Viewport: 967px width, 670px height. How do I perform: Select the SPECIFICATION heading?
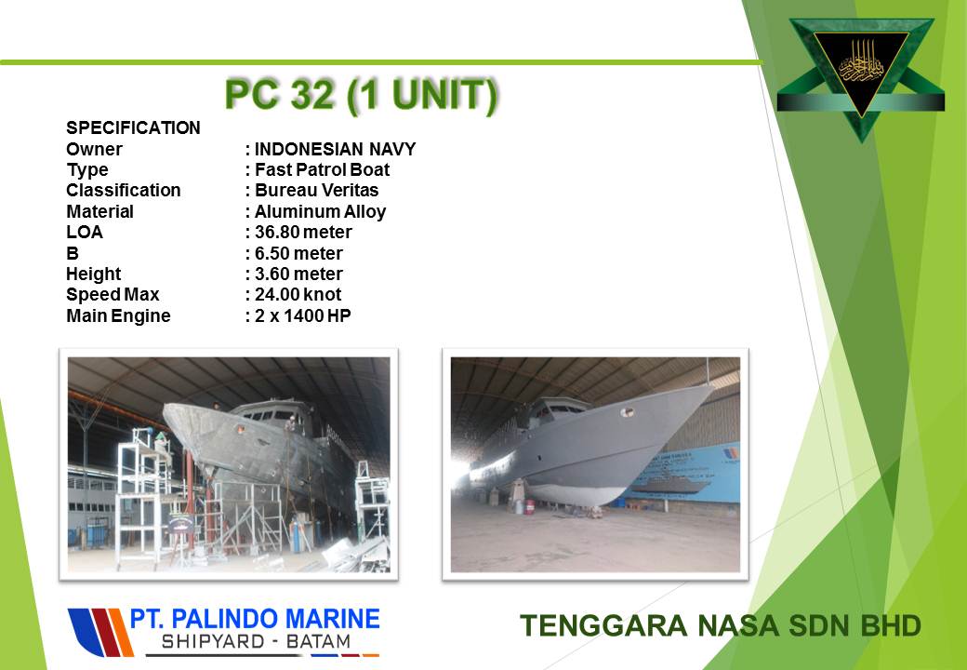(x=133, y=127)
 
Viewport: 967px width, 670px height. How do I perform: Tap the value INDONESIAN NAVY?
(x=335, y=149)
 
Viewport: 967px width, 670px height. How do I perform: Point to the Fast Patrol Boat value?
(x=322, y=169)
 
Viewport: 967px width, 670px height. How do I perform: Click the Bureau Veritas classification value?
(x=316, y=190)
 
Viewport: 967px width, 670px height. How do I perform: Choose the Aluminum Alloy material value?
(x=320, y=211)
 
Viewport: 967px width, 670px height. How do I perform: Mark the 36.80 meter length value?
(x=303, y=232)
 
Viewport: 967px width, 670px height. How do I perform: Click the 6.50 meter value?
(x=298, y=253)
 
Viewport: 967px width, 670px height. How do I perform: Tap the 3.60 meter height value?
(x=298, y=274)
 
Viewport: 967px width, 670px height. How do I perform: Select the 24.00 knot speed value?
(x=298, y=294)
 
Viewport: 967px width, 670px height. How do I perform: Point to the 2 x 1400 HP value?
(x=302, y=315)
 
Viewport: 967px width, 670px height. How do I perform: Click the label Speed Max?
(x=113, y=294)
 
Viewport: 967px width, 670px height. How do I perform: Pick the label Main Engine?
(x=118, y=315)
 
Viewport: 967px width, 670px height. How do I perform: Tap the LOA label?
(x=85, y=232)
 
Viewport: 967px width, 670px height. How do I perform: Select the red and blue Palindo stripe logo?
(x=100, y=632)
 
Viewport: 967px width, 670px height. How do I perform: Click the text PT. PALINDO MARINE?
(x=255, y=619)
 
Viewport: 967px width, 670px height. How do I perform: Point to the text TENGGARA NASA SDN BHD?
(x=721, y=625)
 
